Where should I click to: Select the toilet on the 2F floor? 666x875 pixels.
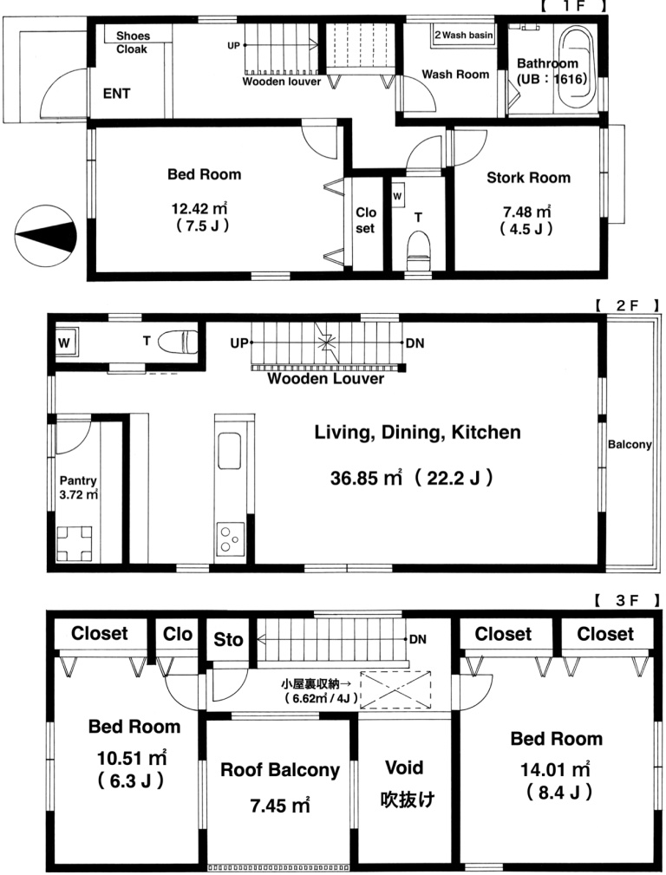pos(178,342)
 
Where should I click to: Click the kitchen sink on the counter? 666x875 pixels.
pos(230,451)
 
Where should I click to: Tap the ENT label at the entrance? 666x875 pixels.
pos(117,94)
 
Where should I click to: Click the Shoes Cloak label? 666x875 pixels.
pos(133,42)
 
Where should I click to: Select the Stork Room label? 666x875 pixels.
pos(529,178)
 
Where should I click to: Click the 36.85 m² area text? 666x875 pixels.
pos(366,478)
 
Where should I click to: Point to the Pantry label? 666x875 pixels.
pos(78,480)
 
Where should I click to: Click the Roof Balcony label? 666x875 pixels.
pos(280,770)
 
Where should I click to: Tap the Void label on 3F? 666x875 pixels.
pos(404,767)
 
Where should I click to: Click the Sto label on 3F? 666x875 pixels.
pos(228,639)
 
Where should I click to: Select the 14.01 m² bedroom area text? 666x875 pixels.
pos(556,769)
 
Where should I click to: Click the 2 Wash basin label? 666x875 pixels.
pos(464,35)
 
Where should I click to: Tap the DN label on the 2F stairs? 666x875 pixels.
pos(415,343)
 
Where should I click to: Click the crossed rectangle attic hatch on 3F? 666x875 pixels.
pos(395,689)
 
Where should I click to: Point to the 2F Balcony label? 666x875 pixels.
pos(630,444)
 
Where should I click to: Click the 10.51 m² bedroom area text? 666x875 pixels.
pos(132,758)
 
